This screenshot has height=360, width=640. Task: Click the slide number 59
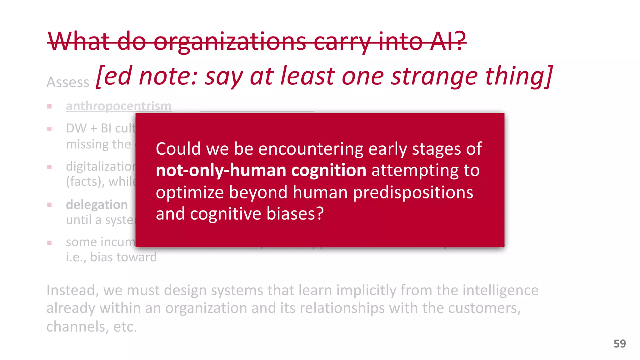click(619, 344)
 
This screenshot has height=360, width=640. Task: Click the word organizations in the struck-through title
click(230, 42)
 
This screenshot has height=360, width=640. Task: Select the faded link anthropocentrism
click(118, 106)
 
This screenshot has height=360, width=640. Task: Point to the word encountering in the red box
click(311, 149)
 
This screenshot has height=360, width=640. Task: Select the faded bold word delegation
click(97, 205)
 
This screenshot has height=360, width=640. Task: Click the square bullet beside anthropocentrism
click(49, 107)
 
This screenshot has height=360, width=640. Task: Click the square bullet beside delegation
click(49, 205)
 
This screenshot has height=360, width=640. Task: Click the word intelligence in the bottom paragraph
click(500, 290)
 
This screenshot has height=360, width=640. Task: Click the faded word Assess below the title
click(68, 82)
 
